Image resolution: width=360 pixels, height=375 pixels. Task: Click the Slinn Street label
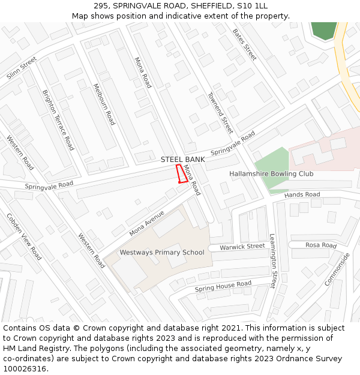pyautogui.click(x=22, y=68)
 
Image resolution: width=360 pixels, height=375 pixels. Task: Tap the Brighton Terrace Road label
pyautogui.click(x=58, y=120)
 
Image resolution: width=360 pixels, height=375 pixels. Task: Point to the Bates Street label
pyautogui.click(x=244, y=44)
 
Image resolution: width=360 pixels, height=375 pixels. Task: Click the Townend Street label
pyautogui.click(x=220, y=113)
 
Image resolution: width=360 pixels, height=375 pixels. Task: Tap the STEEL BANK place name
pyautogui.click(x=182, y=160)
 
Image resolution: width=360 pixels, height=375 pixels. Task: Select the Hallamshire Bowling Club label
pyautogui.click(x=271, y=174)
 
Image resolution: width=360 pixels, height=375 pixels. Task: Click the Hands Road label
pyautogui.click(x=302, y=195)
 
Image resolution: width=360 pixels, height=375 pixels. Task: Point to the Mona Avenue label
pyautogui.click(x=146, y=223)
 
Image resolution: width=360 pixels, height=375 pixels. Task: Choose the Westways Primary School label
pyautogui.click(x=161, y=252)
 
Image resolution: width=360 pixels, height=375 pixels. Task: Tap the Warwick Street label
pyautogui.click(x=242, y=247)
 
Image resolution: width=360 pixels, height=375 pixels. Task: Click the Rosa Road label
pyautogui.click(x=321, y=245)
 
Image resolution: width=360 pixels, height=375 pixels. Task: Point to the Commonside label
pyautogui.click(x=337, y=269)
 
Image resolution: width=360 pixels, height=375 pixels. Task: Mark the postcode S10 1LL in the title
pyautogui.click(x=254, y=6)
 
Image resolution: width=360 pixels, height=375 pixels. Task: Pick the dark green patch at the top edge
pyautogui.click(x=325, y=30)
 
